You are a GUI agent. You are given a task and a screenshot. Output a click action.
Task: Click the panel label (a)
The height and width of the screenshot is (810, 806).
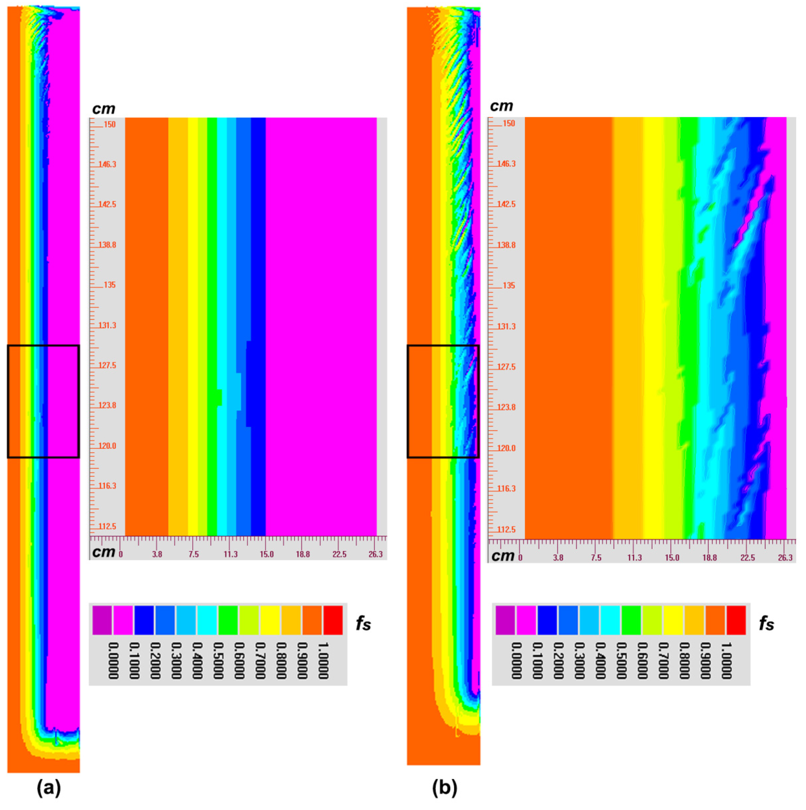click(x=49, y=788)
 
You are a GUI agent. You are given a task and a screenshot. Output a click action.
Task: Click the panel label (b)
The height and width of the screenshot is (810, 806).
click(x=445, y=788)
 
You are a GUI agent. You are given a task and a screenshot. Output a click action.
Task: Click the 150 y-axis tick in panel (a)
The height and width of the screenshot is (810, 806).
click(x=110, y=124)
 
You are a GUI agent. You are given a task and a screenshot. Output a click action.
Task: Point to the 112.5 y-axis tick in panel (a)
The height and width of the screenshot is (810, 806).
click(x=107, y=526)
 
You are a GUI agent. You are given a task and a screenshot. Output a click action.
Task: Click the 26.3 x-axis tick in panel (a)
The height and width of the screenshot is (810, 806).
click(x=376, y=554)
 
